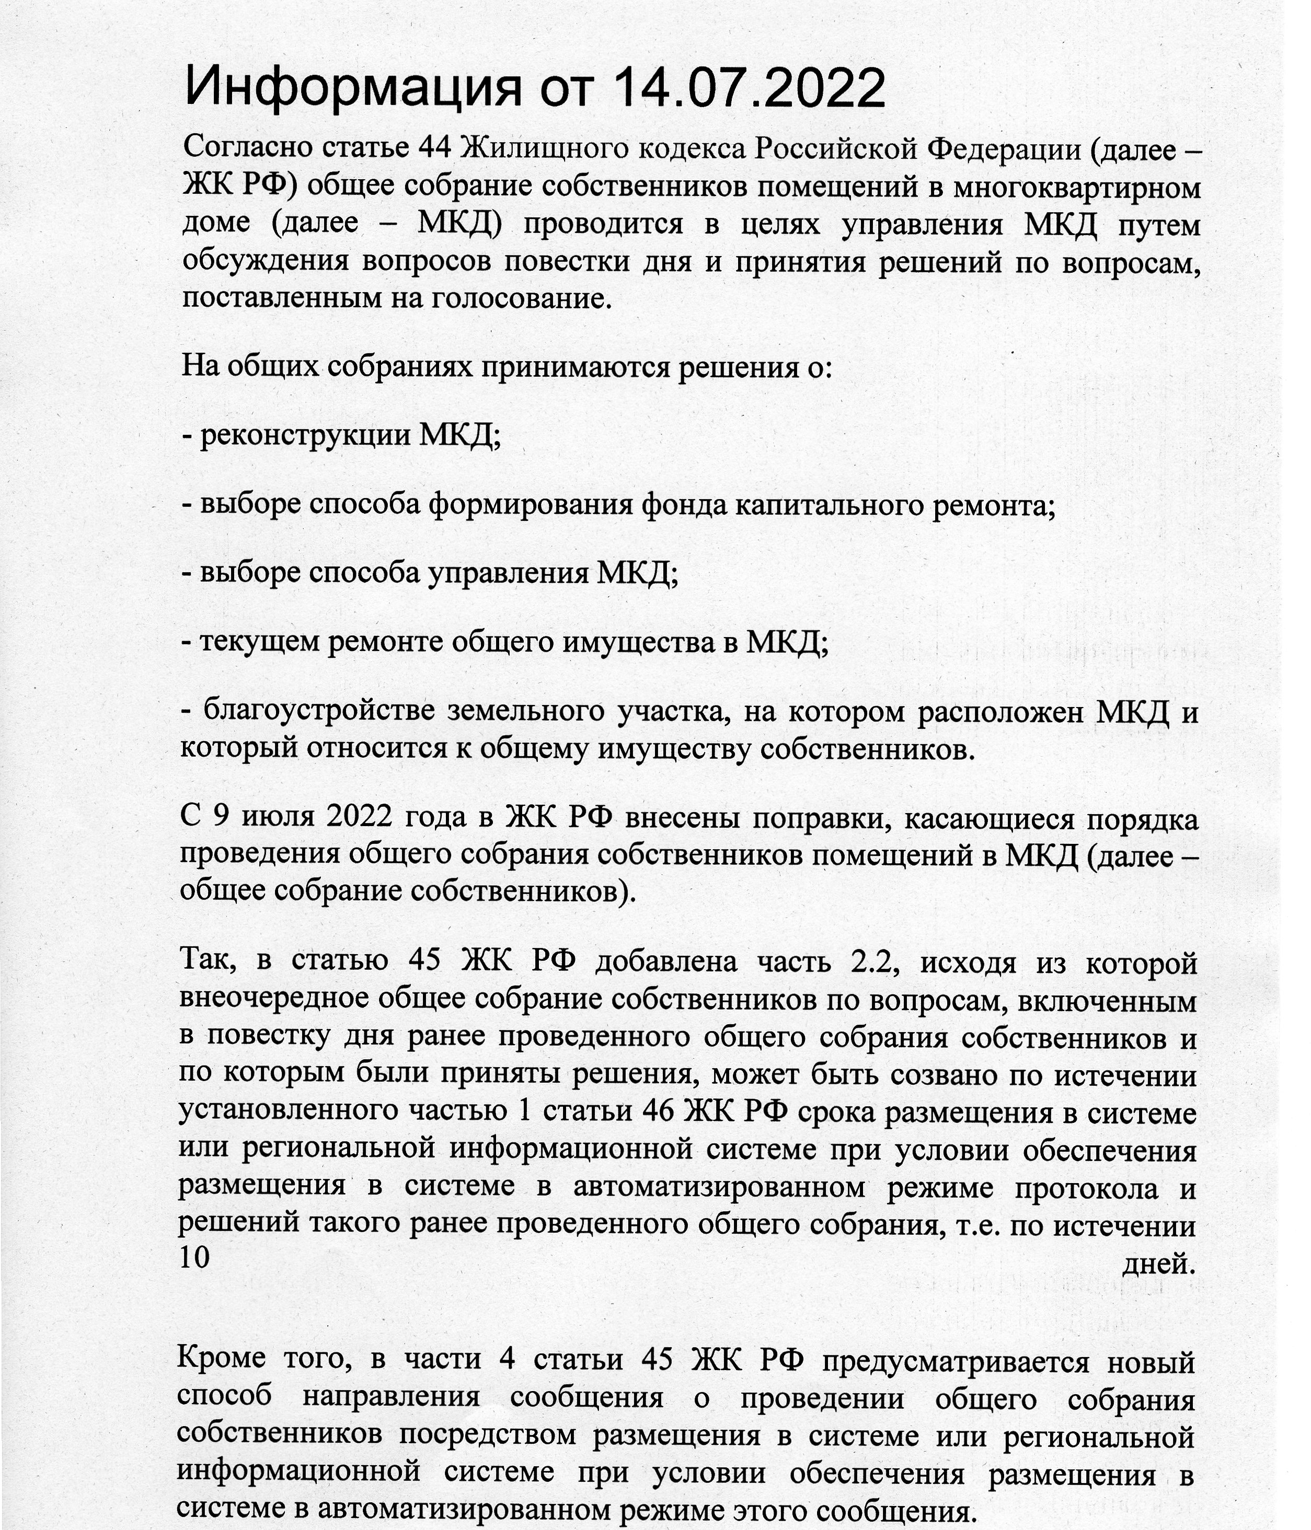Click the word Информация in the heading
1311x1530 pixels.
click(352, 87)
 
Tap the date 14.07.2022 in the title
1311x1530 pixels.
click(749, 87)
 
